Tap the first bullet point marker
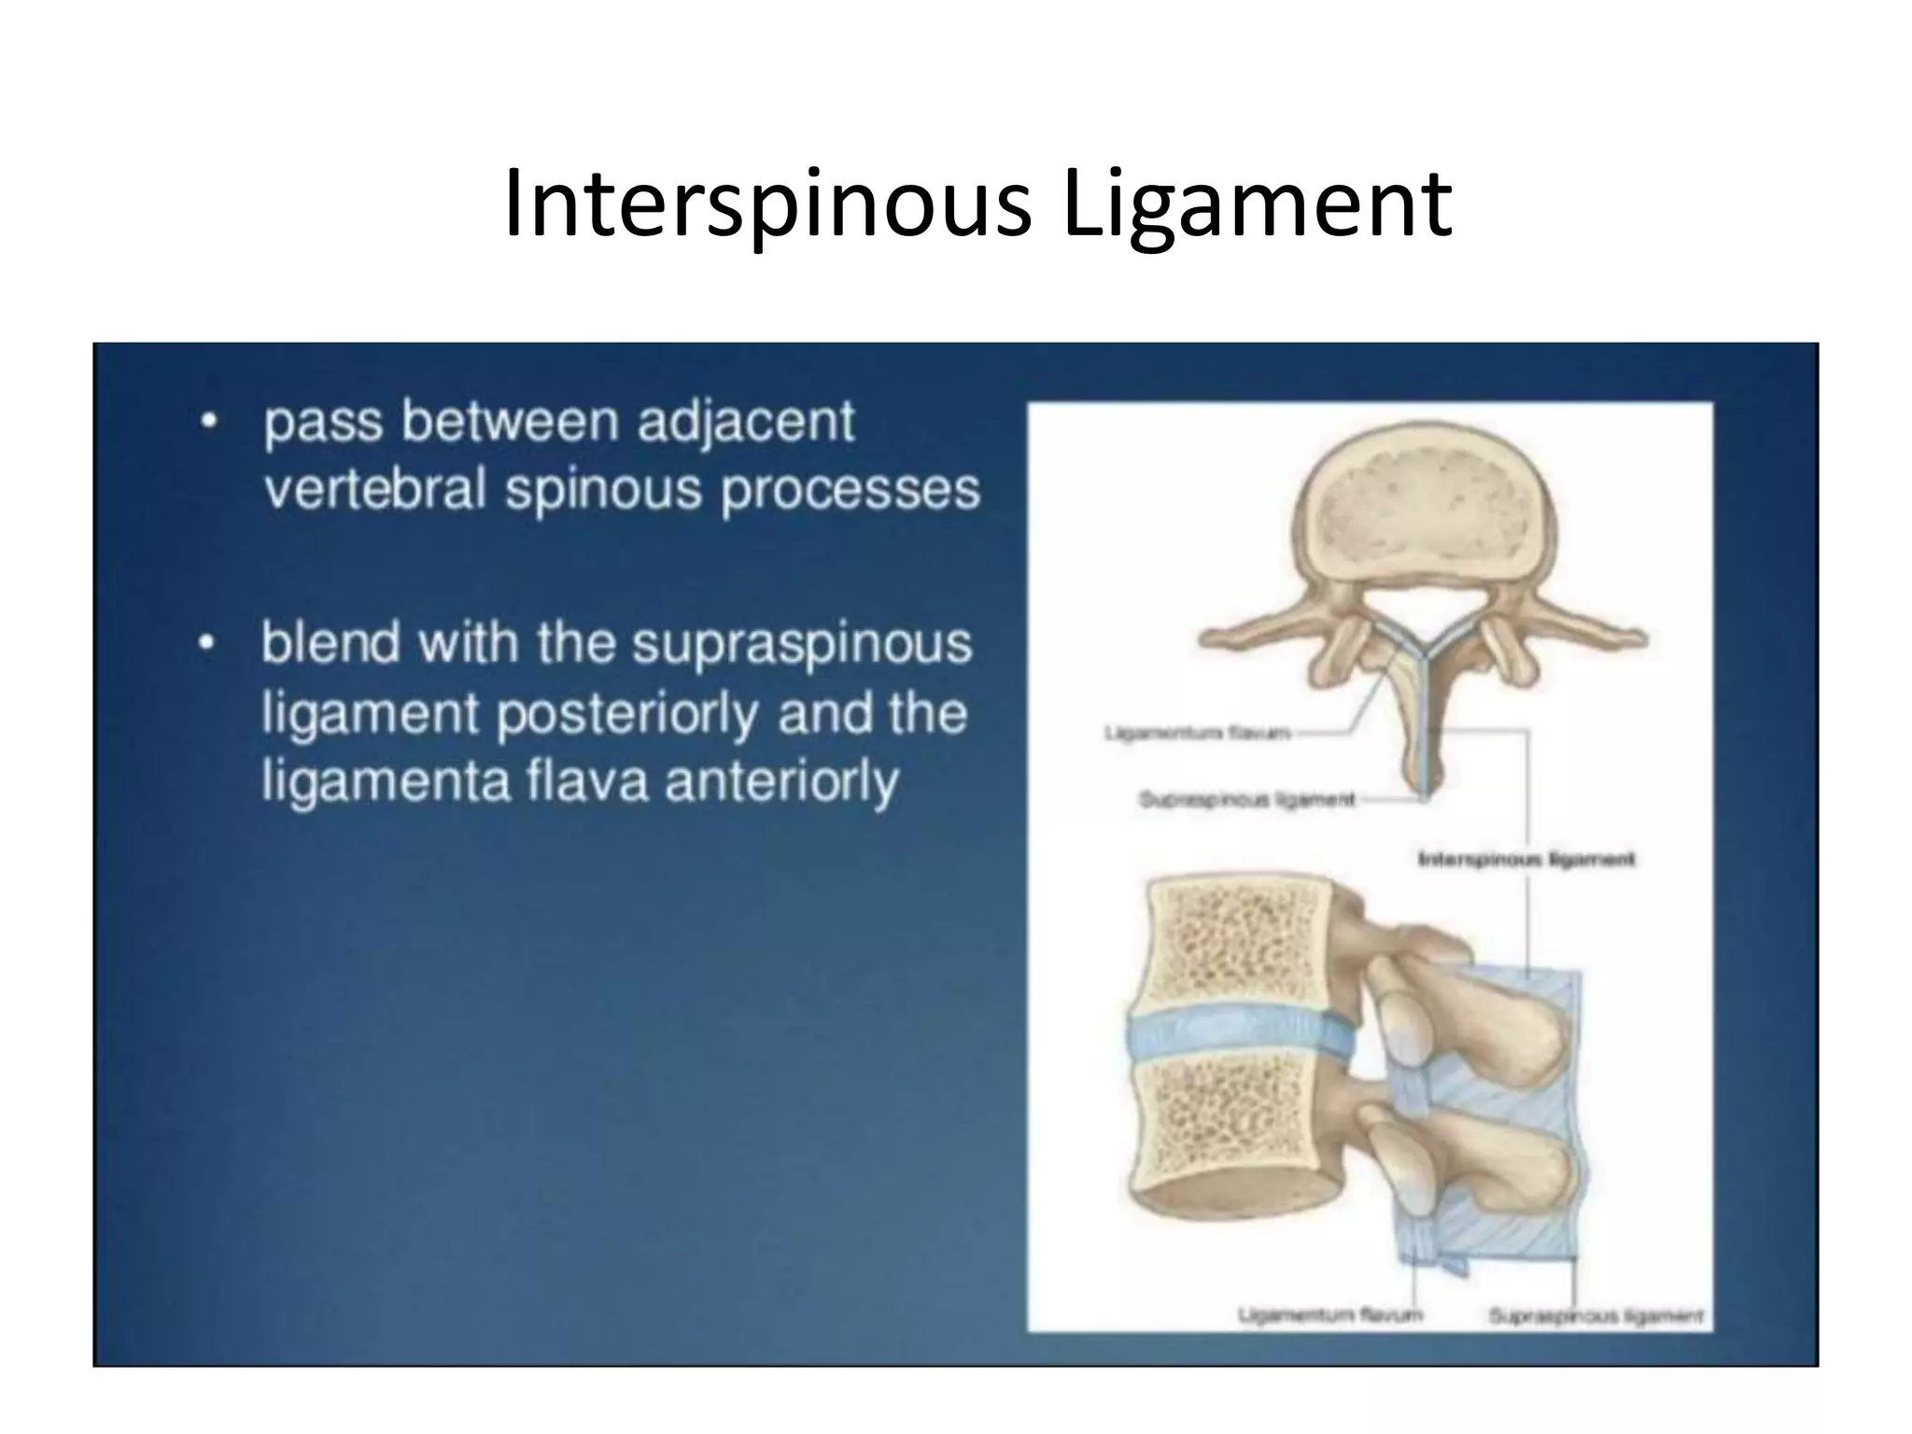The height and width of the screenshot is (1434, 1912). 210,422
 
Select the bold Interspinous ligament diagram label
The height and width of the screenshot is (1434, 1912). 1525,859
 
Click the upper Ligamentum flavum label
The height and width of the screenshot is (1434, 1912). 1197,733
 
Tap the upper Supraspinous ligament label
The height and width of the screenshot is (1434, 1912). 1246,800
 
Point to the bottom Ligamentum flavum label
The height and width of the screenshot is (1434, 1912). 1329,1315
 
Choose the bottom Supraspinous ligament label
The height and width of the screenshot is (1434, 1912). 1596,1316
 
